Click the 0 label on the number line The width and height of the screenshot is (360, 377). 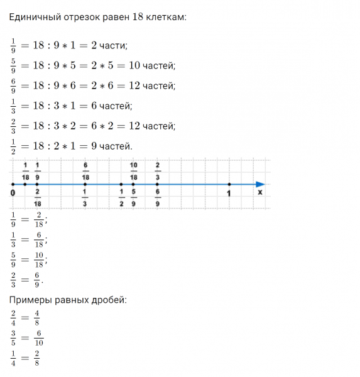tap(13, 192)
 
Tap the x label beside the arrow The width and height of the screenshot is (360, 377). tap(259, 192)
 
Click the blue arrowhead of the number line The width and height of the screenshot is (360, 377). tap(259, 183)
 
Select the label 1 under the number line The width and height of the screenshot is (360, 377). tap(229, 193)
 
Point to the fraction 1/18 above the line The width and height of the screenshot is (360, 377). tap(25, 171)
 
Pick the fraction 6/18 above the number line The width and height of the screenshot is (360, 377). tap(85, 171)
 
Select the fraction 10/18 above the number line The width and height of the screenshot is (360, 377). tap(134, 171)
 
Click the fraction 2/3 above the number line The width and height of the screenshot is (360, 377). tap(158, 171)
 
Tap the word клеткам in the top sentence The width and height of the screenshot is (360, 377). tap(165, 18)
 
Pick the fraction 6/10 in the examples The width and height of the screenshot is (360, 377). tap(39, 339)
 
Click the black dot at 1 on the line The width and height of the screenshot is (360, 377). tap(229, 183)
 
